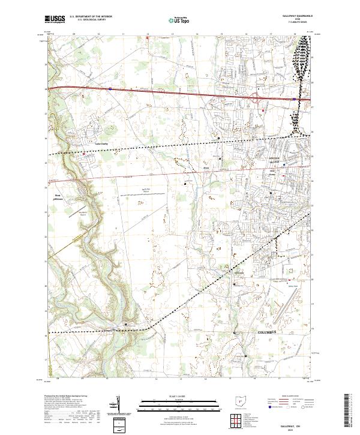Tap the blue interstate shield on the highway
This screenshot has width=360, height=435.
(x=110, y=89)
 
